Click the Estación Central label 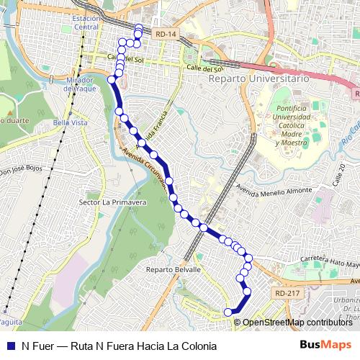(86, 22)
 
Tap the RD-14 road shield (165, 33)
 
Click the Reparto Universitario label (258, 77)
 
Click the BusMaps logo (325, 345)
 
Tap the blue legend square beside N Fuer (10, 346)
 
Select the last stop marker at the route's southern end (228, 312)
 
